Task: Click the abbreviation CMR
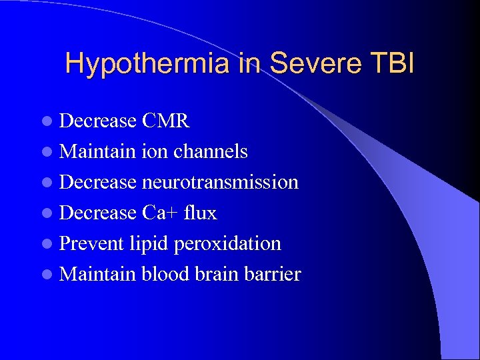click(x=166, y=121)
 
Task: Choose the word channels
click(x=210, y=151)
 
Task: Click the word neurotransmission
click(x=220, y=182)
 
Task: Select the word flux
click(x=200, y=213)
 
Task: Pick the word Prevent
click(x=91, y=243)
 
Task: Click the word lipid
click(x=148, y=243)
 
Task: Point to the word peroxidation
click(x=227, y=243)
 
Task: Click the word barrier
click(x=274, y=274)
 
